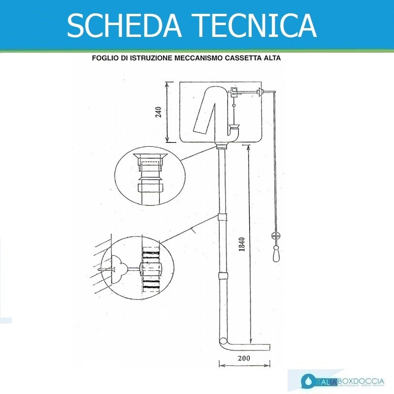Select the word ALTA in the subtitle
(271, 58)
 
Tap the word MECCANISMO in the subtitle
(192, 58)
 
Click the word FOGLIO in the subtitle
(104, 58)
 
